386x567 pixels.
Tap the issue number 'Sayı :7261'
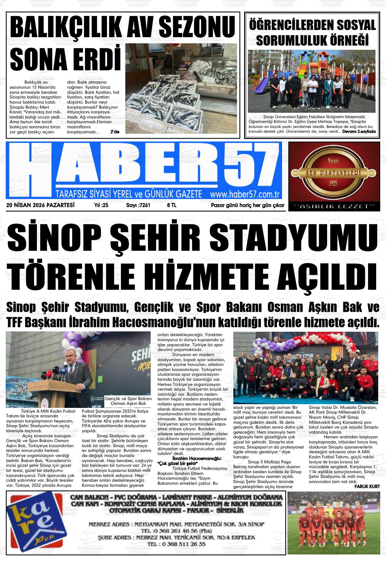138,205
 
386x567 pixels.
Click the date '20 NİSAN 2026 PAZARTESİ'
40,205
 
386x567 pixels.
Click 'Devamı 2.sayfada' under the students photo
359,131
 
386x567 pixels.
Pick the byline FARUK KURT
367,486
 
